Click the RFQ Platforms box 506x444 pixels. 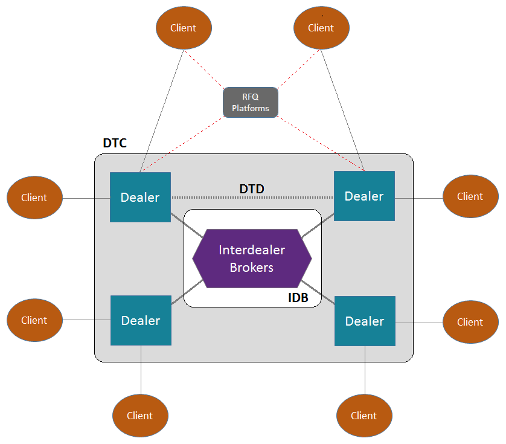click(251, 103)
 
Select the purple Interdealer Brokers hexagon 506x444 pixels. click(252, 259)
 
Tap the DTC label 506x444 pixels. click(115, 144)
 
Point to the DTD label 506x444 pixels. click(252, 189)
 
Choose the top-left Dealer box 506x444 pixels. click(140, 198)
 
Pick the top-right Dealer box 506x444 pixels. click(364, 196)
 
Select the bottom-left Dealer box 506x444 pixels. click(141, 321)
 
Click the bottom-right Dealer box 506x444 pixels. click(365, 321)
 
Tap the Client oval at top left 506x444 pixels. click(184, 28)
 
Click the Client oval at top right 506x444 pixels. click(321, 28)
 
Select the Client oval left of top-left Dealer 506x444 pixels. click(34, 198)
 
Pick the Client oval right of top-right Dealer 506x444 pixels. click(470, 196)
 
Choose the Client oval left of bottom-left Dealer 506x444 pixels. click(34, 321)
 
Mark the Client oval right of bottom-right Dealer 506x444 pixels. click(470, 322)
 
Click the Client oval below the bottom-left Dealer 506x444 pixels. click(140, 416)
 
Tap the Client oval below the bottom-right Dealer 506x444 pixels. click(364, 416)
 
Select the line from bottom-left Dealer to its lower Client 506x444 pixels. click(141, 370)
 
